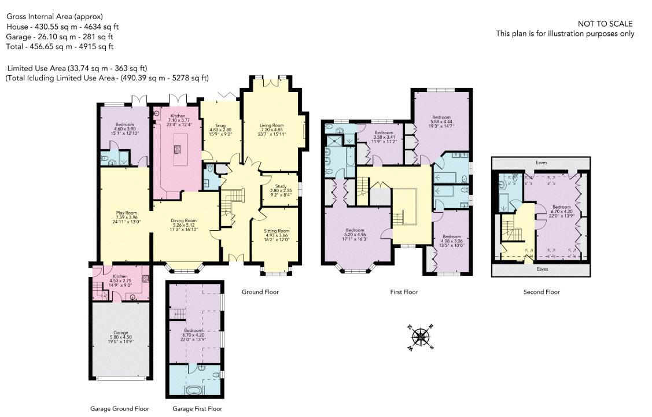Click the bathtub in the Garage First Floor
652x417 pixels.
[x=194, y=390]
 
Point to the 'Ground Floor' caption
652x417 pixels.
[x=260, y=292]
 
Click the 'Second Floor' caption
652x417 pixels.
[x=541, y=292]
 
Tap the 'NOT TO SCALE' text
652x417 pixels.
[x=605, y=24]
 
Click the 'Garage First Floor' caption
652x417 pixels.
[x=197, y=409]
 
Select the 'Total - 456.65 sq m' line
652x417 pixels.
[x=60, y=46]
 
